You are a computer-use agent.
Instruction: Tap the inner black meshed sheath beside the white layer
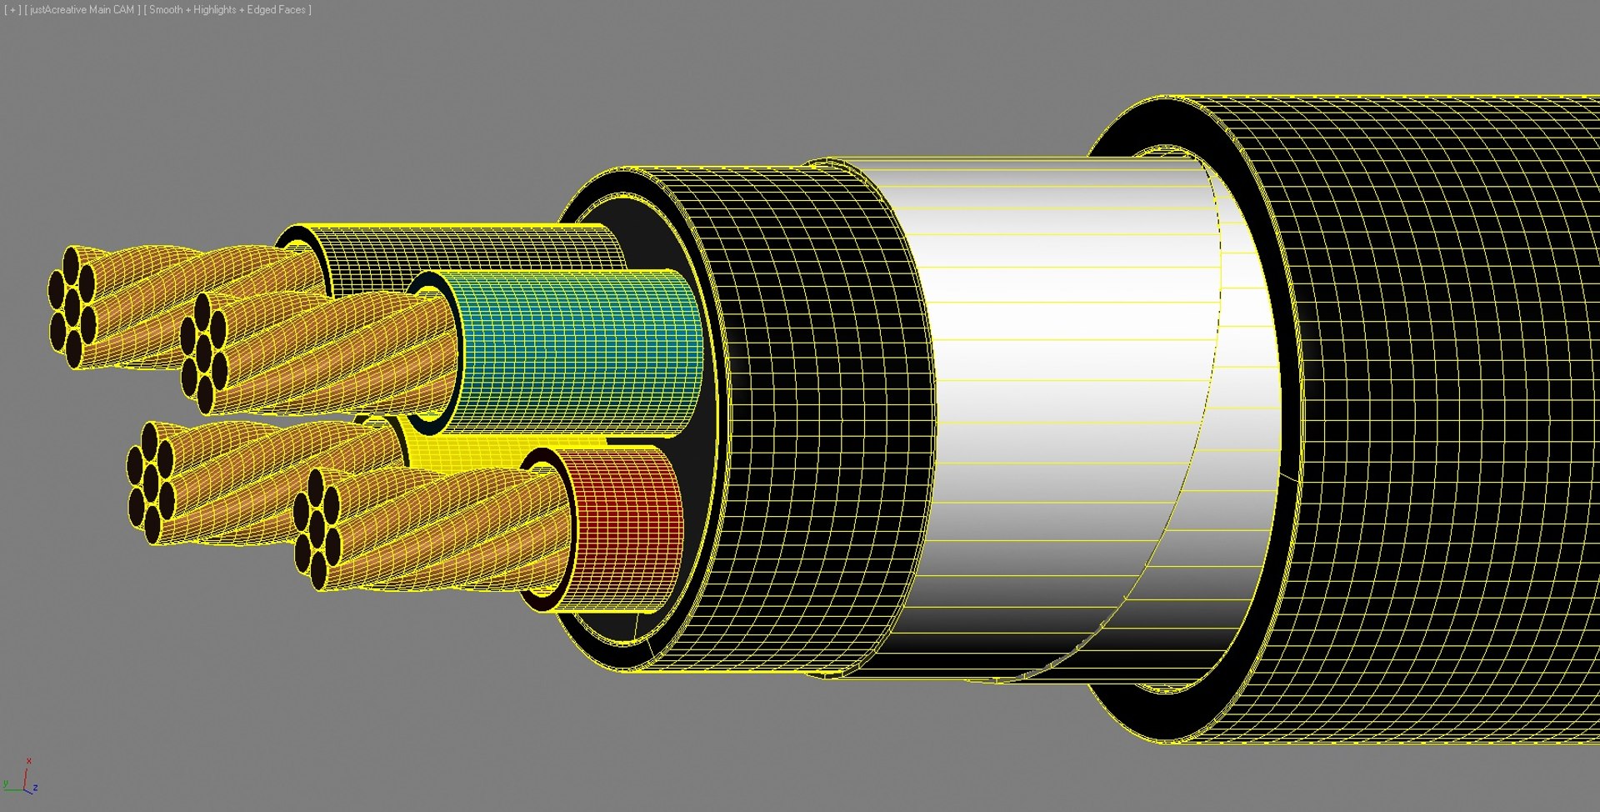click(817, 417)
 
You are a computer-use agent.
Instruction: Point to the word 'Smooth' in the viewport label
click(166, 10)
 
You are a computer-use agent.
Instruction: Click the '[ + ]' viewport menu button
click(12, 10)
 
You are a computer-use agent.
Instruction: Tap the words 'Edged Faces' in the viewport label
click(277, 10)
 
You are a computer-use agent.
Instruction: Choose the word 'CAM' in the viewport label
click(123, 10)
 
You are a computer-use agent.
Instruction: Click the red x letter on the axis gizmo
click(29, 761)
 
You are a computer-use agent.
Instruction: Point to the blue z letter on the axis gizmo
click(36, 788)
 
